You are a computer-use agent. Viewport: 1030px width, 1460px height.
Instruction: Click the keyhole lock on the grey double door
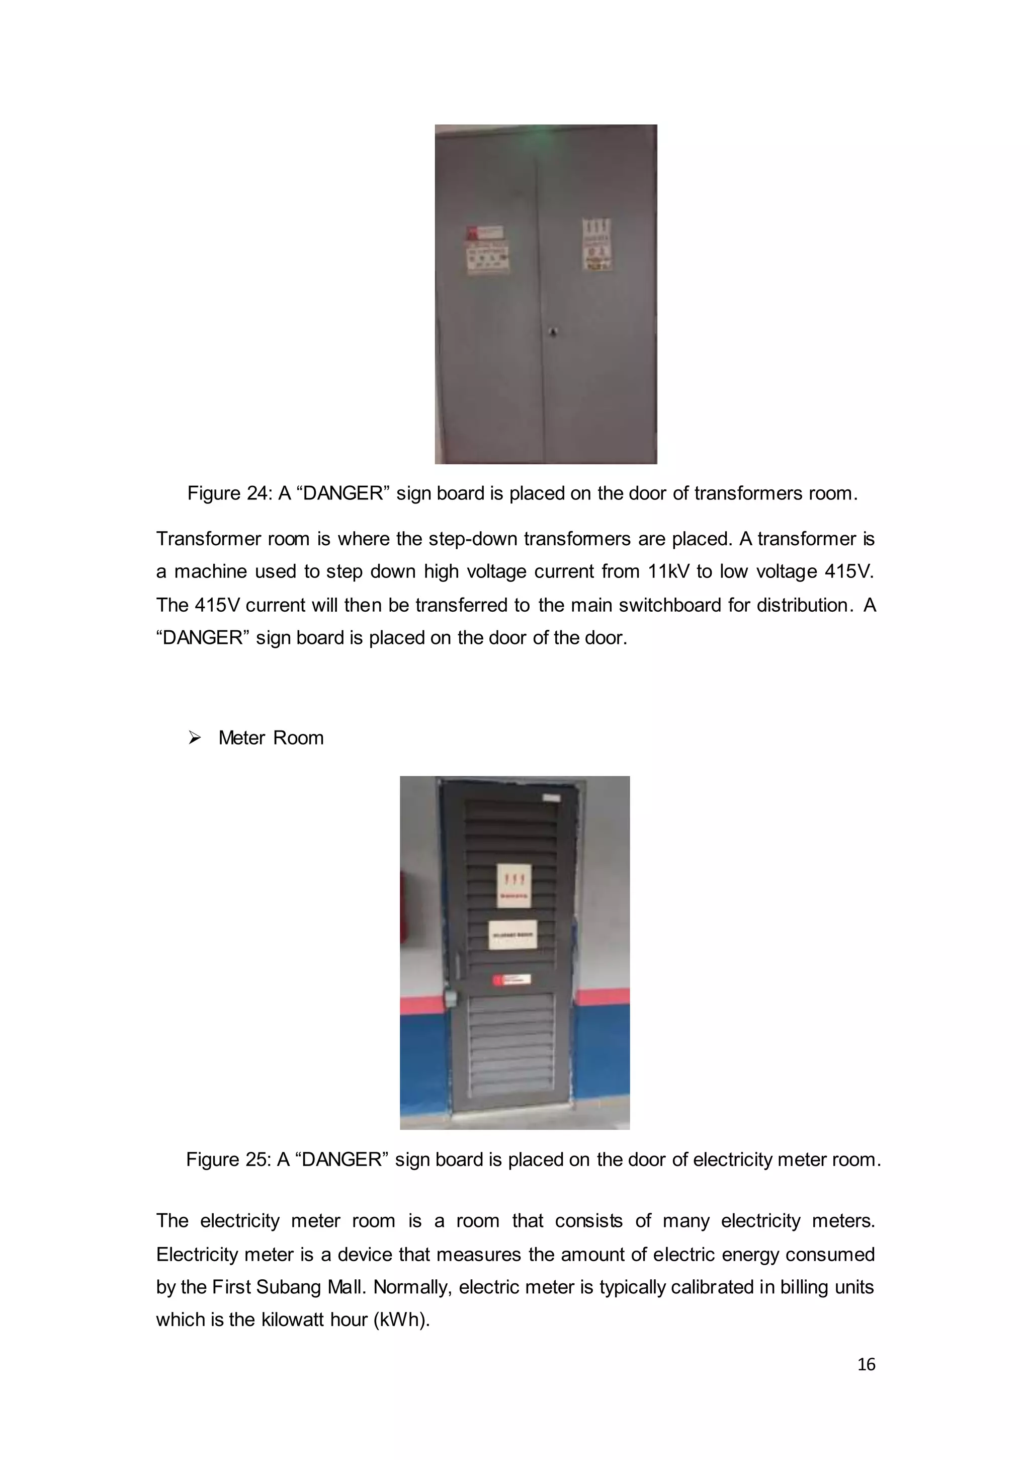[553, 332]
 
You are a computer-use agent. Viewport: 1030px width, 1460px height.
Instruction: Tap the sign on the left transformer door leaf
[487, 249]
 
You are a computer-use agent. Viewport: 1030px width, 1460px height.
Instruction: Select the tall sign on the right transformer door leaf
[596, 244]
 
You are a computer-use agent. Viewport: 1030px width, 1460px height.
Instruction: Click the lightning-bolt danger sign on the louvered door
[513, 886]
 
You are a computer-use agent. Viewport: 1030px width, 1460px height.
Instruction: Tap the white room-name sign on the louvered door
[512, 935]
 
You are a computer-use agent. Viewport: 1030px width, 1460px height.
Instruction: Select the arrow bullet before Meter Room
[195, 738]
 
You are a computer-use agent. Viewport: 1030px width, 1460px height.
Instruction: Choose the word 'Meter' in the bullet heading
[241, 738]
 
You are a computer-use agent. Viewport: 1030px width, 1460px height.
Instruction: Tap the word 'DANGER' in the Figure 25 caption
[342, 1160]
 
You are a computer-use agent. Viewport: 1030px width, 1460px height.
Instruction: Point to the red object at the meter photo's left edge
[403, 906]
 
